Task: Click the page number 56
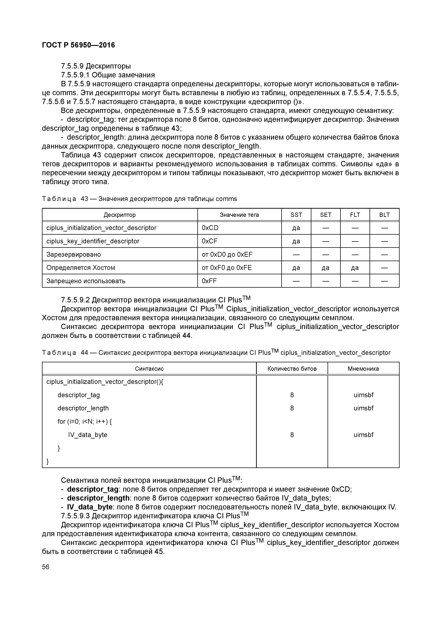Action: [x=46, y=567]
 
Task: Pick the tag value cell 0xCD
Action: [x=210, y=228]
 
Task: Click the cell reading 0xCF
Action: [x=209, y=241]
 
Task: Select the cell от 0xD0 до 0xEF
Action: [x=227, y=254]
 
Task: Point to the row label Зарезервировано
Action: [x=74, y=254]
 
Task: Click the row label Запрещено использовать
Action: [x=86, y=281]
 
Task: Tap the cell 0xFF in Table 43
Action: [x=209, y=281]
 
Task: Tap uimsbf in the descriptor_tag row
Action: [x=363, y=395]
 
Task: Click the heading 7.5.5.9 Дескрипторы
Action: [x=96, y=66]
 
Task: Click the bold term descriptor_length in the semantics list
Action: [x=98, y=498]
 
